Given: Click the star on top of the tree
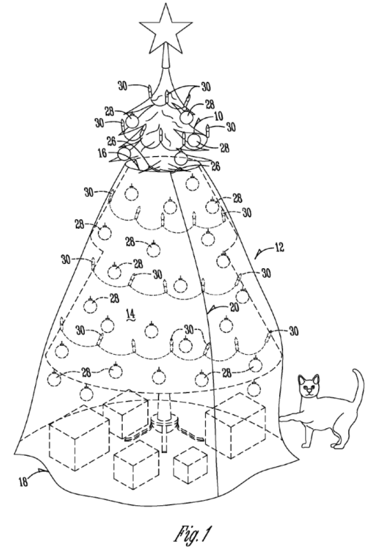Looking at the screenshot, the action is (x=165, y=29).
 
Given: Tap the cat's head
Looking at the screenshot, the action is (x=309, y=386).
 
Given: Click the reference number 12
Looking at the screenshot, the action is (x=280, y=248).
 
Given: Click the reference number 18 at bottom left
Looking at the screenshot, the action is (x=24, y=481).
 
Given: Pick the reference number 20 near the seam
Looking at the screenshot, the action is (x=234, y=307).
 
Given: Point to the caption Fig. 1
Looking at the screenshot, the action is (x=194, y=534).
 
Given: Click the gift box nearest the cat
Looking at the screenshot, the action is (x=235, y=425).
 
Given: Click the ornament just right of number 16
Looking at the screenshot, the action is (x=124, y=153).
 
